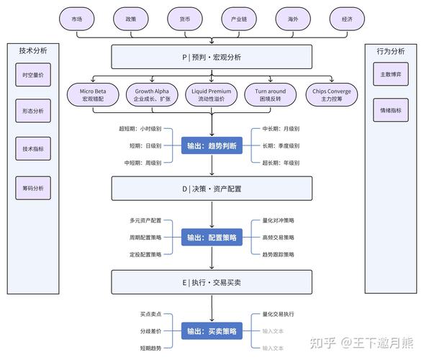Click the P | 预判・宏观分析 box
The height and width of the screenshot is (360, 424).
click(212, 57)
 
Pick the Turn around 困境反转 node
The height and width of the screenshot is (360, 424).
click(270, 95)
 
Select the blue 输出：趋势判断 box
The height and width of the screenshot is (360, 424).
click(212, 145)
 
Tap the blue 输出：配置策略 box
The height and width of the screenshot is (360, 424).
click(212, 238)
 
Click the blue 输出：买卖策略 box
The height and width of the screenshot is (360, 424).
click(212, 331)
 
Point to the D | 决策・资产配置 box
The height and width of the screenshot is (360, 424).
click(212, 189)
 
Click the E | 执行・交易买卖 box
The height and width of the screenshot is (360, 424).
click(212, 282)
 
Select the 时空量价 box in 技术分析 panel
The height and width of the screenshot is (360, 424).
click(33, 75)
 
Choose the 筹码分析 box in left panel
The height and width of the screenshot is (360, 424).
click(33, 188)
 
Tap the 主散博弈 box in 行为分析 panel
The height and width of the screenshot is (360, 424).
click(391, 74)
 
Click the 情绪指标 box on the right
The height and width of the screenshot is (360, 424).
click(391, 111)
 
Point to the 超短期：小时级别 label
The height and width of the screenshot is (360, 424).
click(140, 130)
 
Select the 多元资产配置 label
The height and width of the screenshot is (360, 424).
click(145, 220)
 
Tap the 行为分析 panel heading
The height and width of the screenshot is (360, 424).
click(390, 51)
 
